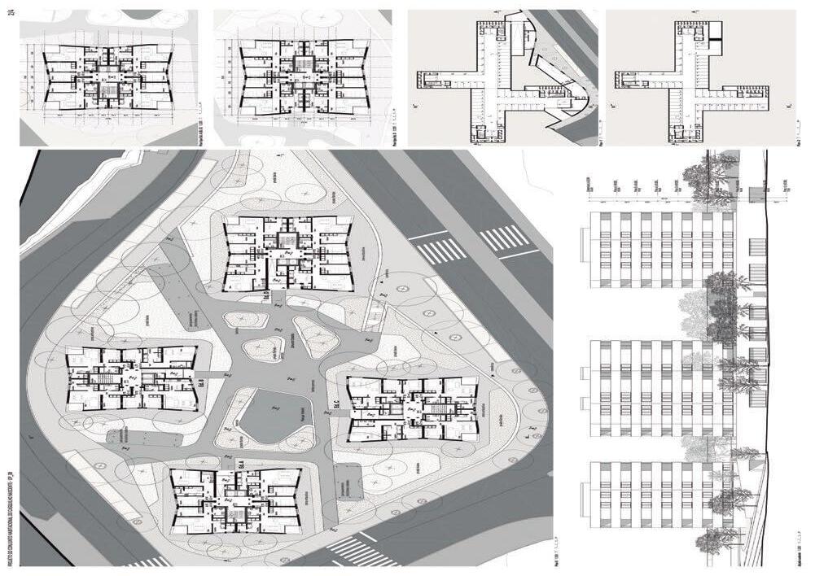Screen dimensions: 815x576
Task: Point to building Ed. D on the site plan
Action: (x=289, y=252)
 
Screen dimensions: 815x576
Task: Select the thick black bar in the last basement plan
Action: (x=715, y=32)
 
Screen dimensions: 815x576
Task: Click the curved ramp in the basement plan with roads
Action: (x=562, y=89)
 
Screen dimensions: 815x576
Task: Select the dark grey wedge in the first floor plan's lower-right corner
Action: (x=187, y=132)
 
